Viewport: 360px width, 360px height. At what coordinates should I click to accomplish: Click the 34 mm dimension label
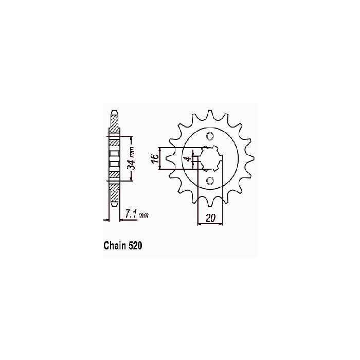coord(132,158)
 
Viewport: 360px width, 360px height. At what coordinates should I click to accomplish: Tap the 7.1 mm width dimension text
coord(137,214)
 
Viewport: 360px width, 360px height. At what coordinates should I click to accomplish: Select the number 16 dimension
coord(155,158)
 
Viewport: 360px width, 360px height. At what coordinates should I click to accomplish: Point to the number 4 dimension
coord(188,158)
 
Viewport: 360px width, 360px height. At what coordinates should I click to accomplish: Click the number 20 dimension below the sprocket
coord(210,218)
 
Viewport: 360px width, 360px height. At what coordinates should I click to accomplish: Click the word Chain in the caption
coord(115,245)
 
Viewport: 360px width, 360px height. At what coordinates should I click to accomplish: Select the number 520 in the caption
coord(135,245)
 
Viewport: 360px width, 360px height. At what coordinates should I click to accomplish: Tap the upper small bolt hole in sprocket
coord(210,136)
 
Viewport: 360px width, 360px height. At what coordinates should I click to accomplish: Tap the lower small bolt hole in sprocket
coord(210,181)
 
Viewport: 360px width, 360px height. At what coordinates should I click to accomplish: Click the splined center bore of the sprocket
coord(211,158)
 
